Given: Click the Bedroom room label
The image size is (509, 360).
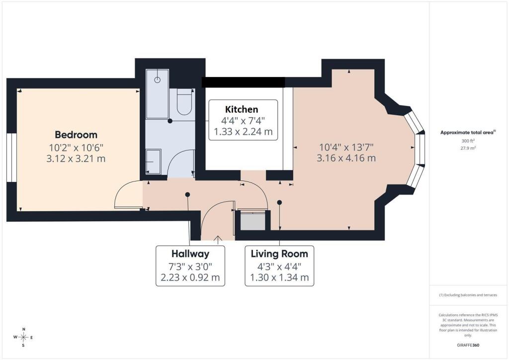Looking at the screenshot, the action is click(76, 134).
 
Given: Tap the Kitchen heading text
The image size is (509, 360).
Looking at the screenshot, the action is click(242, 109).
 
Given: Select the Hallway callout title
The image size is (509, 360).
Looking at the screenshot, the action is click(190, 254).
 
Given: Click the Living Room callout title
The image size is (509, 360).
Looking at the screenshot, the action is click(279, 254).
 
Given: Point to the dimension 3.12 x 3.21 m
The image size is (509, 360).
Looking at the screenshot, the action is click(76, 159).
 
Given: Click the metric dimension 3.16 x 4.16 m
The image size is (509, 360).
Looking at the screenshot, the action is click(346, 158).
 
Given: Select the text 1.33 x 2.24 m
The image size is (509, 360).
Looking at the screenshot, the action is click(243, 132).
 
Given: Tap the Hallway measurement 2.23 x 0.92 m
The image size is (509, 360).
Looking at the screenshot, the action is click(190, 277).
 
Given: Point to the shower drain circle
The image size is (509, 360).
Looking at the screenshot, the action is click(158, 80).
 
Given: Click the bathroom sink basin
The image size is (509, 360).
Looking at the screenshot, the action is click(153, 161).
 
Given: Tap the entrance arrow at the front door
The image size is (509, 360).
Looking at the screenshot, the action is click(218, 239).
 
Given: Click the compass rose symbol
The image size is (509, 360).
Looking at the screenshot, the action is click(23, 338).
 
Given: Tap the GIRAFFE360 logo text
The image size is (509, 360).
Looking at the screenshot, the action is click(468, 345).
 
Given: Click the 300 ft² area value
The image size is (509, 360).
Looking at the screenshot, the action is click(468, 141).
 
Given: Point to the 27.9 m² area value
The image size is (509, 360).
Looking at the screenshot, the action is click(468, 148).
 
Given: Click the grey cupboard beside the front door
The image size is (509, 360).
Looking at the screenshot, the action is click(253, 221).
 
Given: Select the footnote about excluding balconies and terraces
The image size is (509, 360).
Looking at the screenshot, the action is click(468, 295).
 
